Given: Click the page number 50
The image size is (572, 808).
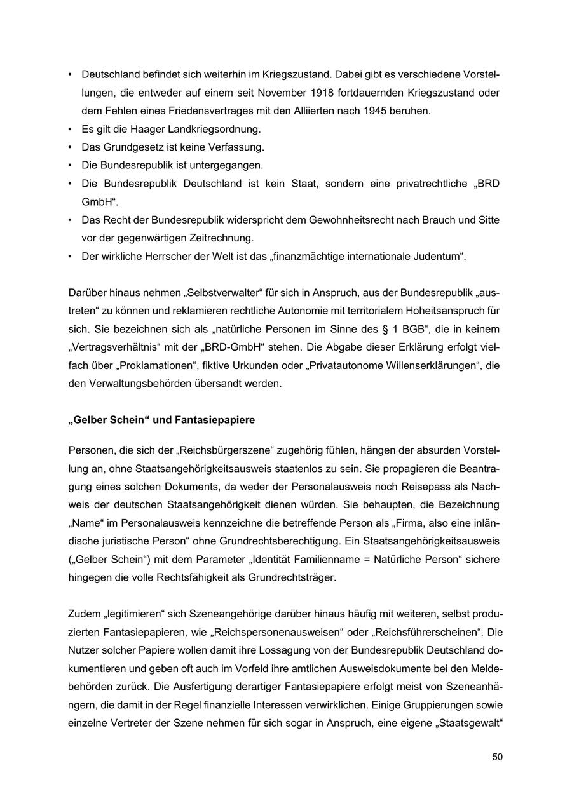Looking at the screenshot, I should [x=497, y=757].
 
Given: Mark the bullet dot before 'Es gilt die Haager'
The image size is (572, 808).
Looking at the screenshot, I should [x=70, y=129].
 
